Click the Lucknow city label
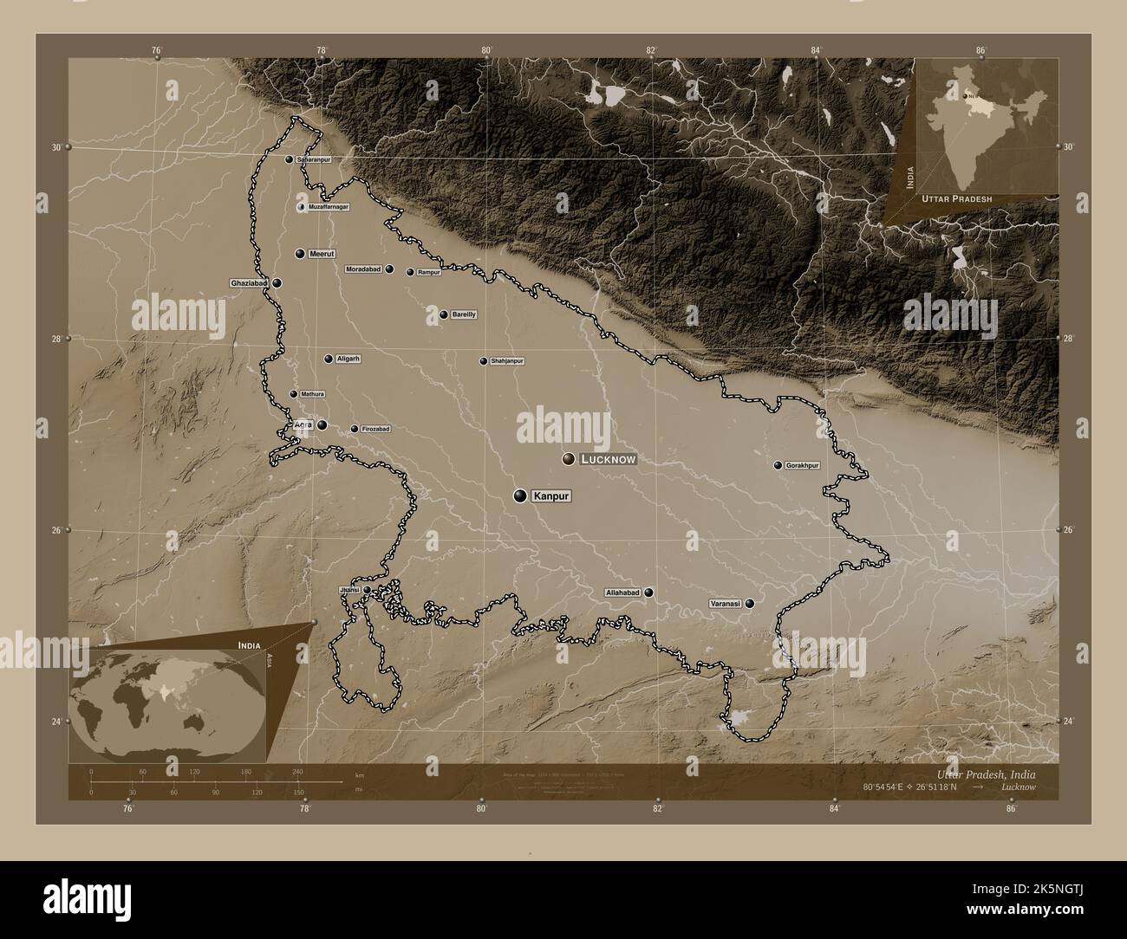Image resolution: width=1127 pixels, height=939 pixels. click(x=609, y=459)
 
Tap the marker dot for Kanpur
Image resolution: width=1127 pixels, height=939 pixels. click(x=520, y=495)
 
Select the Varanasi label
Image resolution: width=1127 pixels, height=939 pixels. click(x=725, y=604)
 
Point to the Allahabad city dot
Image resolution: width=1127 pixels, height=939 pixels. click(x=648, y=593)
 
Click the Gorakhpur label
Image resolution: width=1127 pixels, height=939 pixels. click(x=802, y=466)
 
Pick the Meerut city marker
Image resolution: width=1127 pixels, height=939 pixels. click(x=300, y=254)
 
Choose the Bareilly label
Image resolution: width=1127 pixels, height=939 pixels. click(x=464, y=314)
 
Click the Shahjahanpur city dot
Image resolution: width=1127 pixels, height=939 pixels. click(x=484, y=361)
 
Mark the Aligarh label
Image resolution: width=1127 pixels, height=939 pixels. click(x=348, y=359)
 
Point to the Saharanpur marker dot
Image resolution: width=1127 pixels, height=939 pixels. click(x=289, y=159)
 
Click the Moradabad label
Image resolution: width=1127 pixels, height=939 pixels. click(x=363, y=269)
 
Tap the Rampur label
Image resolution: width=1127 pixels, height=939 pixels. click(x=429, y=272)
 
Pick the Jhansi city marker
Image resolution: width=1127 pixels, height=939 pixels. click(x=367, y=590)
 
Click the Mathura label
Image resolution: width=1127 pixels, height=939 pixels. click(x=313, y=394)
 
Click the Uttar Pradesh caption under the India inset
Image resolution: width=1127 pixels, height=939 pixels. click(x=957, y=198)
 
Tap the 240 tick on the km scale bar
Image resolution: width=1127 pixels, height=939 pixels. click(x=297, y=771)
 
